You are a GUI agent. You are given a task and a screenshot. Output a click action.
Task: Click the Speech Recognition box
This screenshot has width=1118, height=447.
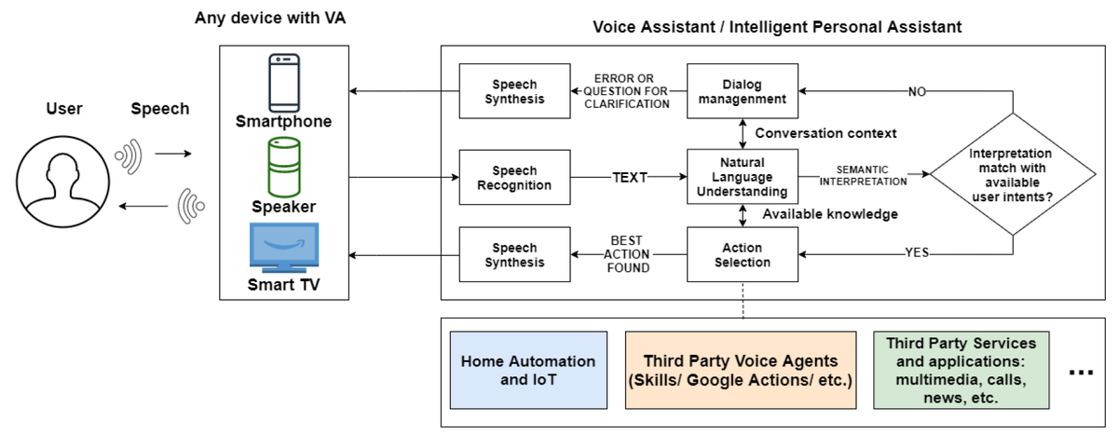coord(514,177)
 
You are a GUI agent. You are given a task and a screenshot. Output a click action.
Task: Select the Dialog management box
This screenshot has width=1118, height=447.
coord(743,91)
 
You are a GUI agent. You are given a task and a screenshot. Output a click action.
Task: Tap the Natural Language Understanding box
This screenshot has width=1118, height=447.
coord(743,177)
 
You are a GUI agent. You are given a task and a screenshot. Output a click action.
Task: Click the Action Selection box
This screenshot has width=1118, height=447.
coord(743,254)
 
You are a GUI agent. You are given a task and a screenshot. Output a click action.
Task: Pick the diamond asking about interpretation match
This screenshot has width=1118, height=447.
coord(1013,174)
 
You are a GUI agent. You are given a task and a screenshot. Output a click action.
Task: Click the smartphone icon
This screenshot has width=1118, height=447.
coord(284,83)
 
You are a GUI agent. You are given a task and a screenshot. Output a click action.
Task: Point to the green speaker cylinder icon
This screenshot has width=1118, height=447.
coord(284,168)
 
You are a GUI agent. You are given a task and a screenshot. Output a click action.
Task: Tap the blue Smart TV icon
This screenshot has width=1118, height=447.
coord(284,248)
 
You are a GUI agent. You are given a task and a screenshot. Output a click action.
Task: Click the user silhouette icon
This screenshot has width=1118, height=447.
coord(63,182)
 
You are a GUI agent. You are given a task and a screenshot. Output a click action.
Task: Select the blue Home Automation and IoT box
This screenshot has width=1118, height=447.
coord(528,371)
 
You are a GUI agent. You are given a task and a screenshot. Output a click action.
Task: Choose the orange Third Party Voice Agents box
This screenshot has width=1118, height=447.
coord(741,371)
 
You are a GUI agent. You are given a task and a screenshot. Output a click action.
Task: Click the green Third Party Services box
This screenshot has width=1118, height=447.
coord(961,371)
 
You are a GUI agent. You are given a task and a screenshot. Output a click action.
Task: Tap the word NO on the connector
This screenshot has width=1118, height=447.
coord(917,92)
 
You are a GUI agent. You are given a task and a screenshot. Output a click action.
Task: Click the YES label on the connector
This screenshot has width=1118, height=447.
coord(918,252)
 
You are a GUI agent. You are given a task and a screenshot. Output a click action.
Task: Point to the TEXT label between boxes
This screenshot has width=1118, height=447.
coord(630,178)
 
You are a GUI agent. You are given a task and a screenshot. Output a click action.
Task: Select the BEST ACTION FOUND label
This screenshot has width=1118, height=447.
coord(627,254)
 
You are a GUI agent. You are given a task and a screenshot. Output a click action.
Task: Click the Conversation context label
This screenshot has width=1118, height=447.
coord(825,133)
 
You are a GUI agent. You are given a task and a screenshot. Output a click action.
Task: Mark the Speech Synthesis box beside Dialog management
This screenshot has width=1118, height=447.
coord(514,91)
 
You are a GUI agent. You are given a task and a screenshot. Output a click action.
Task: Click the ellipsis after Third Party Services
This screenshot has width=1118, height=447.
coord(1081,372)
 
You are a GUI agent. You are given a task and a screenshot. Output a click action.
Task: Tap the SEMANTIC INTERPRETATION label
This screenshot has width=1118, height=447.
coord(863,176)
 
